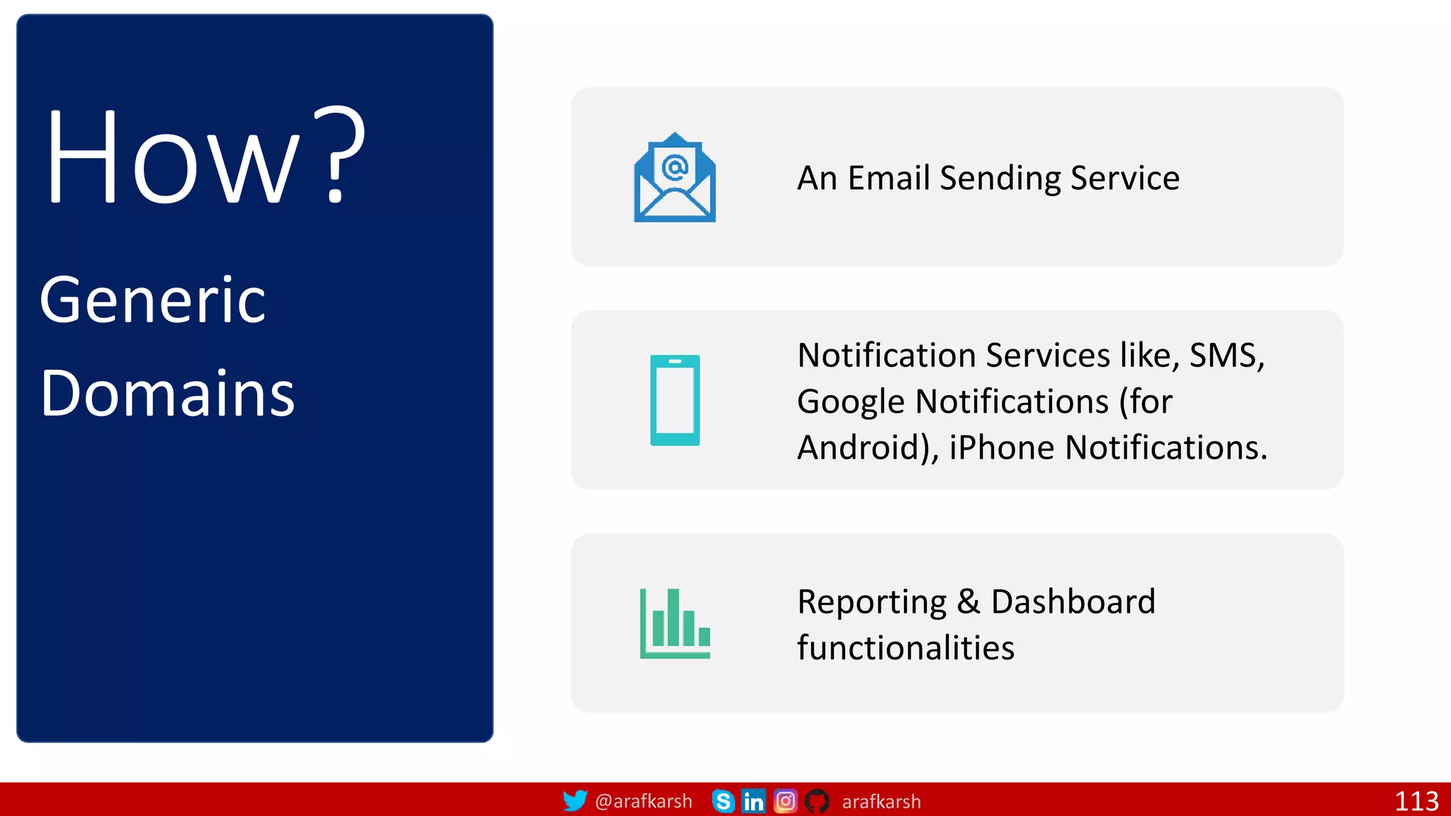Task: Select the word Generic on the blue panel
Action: click(x=153, y=300)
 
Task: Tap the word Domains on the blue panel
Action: click(x=167, y=394)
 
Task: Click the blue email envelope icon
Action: click(x=674, y=178)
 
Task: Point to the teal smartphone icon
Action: click(x=674, y=400)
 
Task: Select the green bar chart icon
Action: click(x=674, y=623)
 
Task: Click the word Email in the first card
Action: click(x=888, y=178)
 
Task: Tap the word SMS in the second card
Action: click(x=1222, y=356)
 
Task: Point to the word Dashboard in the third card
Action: click(x=1073, y=602)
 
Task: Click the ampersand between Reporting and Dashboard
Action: click(x=968, y=602)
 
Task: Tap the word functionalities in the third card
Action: click(x=905, y=648)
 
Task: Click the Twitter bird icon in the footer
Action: click(x=575, y=801)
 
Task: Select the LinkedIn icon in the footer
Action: click(x=753, y=801)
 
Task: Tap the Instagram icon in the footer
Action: click(x=785, y=801)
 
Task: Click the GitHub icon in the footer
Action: click(x=817, y=801)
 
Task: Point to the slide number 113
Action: click(x=1416, y=801)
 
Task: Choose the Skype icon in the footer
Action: click(x=723, y=801)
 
